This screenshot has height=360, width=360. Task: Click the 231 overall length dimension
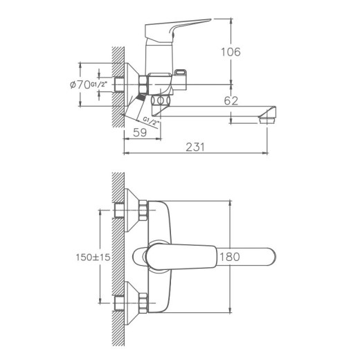196,147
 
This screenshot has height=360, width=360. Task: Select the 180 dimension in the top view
229,257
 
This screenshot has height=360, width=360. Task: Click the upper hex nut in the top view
144,210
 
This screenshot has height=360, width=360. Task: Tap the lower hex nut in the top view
144,303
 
